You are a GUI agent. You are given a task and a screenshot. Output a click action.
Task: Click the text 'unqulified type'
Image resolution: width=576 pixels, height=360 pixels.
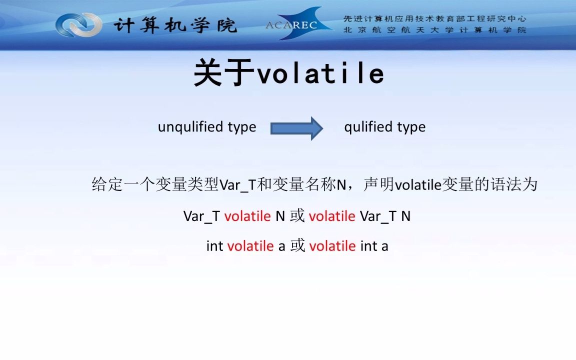(x=207, y=127)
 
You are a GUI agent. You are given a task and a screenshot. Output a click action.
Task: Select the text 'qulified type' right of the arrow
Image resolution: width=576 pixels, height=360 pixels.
(x=385, y=127)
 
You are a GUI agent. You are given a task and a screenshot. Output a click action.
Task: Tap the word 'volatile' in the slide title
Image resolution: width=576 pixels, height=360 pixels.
(x=320, y=74)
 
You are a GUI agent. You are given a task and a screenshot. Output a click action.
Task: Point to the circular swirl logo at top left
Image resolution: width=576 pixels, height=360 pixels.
(x=78, y=24)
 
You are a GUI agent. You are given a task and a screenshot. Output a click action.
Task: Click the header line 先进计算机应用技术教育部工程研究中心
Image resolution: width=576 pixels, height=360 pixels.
(x=434, y=19)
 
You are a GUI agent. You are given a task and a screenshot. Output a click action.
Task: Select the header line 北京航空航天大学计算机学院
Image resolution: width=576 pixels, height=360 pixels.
(x=434, y=30)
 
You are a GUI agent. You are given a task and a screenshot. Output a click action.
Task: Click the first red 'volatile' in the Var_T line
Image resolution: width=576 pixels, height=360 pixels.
(x=247, y=216)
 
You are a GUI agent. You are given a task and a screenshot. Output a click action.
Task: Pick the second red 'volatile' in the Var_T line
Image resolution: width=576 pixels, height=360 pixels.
(x=332, y=216)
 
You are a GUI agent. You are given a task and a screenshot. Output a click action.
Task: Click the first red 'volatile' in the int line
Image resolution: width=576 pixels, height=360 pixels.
(x=250, y=246)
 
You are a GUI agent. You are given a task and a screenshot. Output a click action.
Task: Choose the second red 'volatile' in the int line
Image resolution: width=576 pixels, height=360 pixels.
(x=332, y=246)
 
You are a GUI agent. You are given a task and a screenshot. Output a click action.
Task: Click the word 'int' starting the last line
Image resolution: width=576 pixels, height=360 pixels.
(x=214, y=246)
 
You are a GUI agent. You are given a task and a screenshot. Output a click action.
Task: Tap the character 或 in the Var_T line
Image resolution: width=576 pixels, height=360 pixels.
(x=297, y=216)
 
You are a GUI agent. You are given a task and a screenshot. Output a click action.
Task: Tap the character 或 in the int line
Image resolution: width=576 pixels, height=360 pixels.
(x=297, y=246)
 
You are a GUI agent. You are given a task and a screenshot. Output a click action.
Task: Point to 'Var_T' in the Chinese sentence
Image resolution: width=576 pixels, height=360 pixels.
(x=237, y=185)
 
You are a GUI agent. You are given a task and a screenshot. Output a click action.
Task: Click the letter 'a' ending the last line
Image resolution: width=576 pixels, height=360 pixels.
(x=384, y=246)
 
